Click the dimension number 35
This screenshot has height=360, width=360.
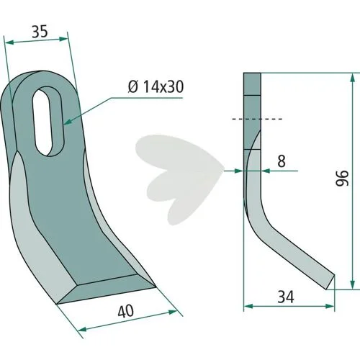40,32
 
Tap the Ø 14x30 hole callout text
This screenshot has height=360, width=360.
156,86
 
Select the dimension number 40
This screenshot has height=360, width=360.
126,311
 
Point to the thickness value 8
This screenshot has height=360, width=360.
282,161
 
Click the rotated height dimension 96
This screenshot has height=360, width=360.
342,179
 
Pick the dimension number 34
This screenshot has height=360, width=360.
286,297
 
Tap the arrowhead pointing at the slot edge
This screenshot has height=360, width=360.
68,122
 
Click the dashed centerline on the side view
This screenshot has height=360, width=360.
257,119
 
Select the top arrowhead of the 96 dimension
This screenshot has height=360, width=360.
352,78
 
